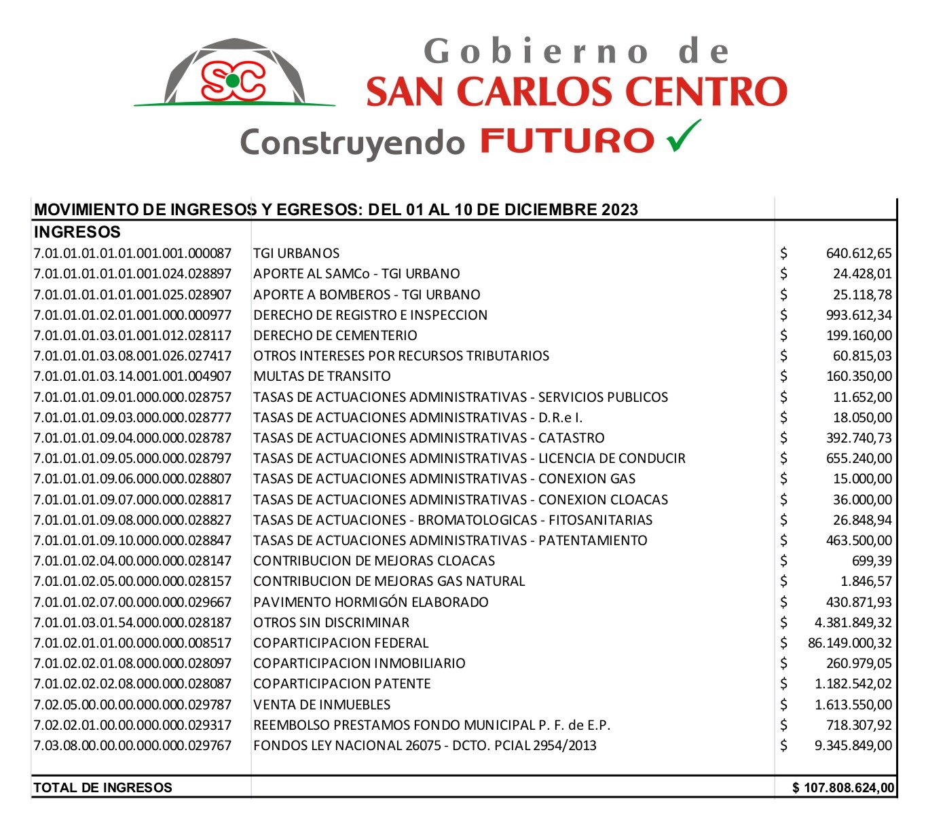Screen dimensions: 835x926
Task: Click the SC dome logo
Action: pos(233,73)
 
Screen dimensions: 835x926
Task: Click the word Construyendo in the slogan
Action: pos(352,143)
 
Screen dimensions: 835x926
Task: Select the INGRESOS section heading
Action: pos(77,232)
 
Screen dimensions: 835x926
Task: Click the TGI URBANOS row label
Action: pos(296,253)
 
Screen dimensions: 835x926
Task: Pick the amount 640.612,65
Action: pos(859,254)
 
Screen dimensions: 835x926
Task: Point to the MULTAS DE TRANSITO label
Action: pos(322,376)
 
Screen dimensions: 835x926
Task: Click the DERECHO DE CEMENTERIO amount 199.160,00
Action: pos(859,335)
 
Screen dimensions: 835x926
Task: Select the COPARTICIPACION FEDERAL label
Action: pos(341,643)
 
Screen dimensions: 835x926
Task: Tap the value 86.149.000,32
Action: pos(849,643)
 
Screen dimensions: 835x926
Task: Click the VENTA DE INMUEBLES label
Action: pos(322,705)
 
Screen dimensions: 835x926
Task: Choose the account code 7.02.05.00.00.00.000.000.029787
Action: pos(132,705)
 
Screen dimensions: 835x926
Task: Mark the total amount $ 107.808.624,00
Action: pos(843,788)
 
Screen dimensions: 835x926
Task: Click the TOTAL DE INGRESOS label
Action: pos(103,788)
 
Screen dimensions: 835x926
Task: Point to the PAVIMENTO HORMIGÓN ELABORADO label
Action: pos(371,602)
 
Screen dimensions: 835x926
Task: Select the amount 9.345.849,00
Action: pos(853,745)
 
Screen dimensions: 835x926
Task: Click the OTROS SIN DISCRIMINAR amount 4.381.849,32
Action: pos(853,623)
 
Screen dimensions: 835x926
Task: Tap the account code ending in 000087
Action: pos(132,253)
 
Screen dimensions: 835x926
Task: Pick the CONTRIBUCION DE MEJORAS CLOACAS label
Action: pos(374,561)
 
